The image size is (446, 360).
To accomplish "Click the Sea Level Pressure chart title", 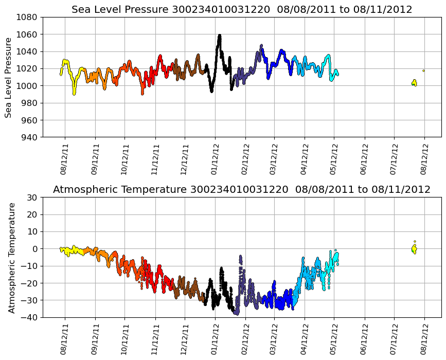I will pos(242,10).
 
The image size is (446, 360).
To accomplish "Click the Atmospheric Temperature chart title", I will pos(242,190).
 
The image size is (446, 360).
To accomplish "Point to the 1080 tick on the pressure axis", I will pos(29,17).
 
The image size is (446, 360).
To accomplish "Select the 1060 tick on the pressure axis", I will pos(29,34).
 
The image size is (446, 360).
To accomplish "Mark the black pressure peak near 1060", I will pos(219,37).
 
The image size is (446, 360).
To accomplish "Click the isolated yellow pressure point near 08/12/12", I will pos(424,70).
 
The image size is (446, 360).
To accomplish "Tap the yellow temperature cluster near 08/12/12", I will pos(414,249).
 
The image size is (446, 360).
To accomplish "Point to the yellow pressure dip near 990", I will pos(74,93).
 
